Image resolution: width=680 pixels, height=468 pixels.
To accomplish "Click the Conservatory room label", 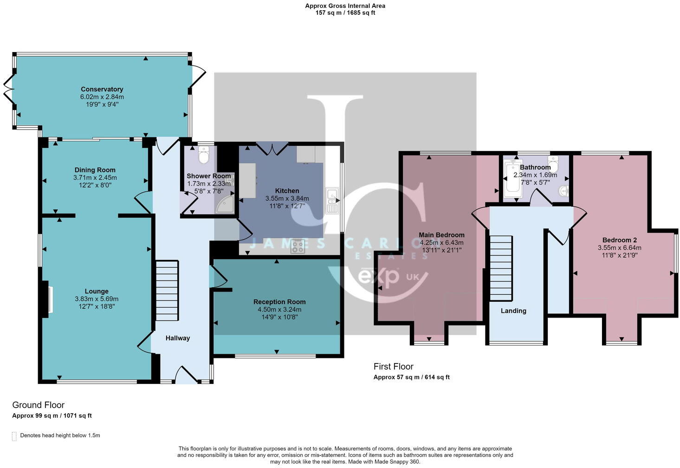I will (x=102, y=89).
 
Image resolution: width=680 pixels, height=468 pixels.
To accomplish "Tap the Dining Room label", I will (x=95, y=170).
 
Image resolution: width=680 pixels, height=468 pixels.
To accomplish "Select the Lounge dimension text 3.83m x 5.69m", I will (x=97, y=299).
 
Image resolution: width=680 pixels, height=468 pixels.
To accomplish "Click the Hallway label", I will (x=178, y=338).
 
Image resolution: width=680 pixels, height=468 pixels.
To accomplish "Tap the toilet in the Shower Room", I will (x=203, y=156).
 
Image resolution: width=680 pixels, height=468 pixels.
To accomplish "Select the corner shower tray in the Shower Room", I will (x=226, y=205).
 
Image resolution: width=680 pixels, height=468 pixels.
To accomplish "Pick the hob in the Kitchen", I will (x=298, y=246).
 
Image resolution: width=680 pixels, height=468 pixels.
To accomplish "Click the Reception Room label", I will (x=279, y=302).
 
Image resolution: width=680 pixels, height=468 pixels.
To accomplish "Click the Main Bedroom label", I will (x=441, y=235).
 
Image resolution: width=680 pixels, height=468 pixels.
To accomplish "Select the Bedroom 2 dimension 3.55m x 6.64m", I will (x=619, y=248).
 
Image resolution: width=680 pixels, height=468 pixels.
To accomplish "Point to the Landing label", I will (x=513, y=311).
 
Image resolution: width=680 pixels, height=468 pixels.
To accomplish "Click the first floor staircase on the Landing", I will (x=501, y=268).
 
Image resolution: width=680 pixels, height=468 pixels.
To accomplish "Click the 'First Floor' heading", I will (x=393, y=366).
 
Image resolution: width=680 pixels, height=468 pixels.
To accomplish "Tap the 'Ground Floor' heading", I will (x=38, y=405).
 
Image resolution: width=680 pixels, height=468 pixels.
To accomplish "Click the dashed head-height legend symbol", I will (x=14, y=436).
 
